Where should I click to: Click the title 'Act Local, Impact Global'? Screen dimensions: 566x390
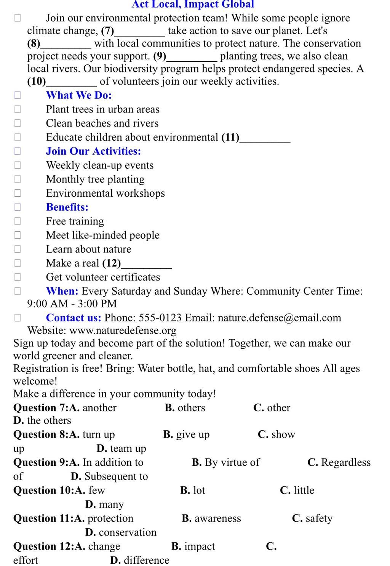coord(193,5)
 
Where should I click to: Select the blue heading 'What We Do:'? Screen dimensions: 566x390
coord(79,95)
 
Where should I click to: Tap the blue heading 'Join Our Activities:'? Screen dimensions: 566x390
coord(93,151)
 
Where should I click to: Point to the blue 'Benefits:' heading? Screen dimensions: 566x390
coord(67,207)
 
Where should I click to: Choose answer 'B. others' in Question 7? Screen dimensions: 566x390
coord(185,408)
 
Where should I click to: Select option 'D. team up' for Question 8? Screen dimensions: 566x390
coord(121,449)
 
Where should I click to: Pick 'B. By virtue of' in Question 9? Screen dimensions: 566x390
coord(225,462)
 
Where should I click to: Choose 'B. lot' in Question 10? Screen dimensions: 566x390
coord(193,490)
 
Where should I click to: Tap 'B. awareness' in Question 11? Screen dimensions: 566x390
coord(211,518)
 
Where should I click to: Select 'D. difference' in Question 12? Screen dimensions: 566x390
coord(140,560)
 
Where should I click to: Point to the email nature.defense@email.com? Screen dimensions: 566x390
coord(279,318)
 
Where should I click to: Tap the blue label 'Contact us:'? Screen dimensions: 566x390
coord(74,318)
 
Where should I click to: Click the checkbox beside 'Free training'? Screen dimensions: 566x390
coord(18,221)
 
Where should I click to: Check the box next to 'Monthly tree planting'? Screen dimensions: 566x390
coord(18,179)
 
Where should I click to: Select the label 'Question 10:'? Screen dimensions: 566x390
coord(44,491)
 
